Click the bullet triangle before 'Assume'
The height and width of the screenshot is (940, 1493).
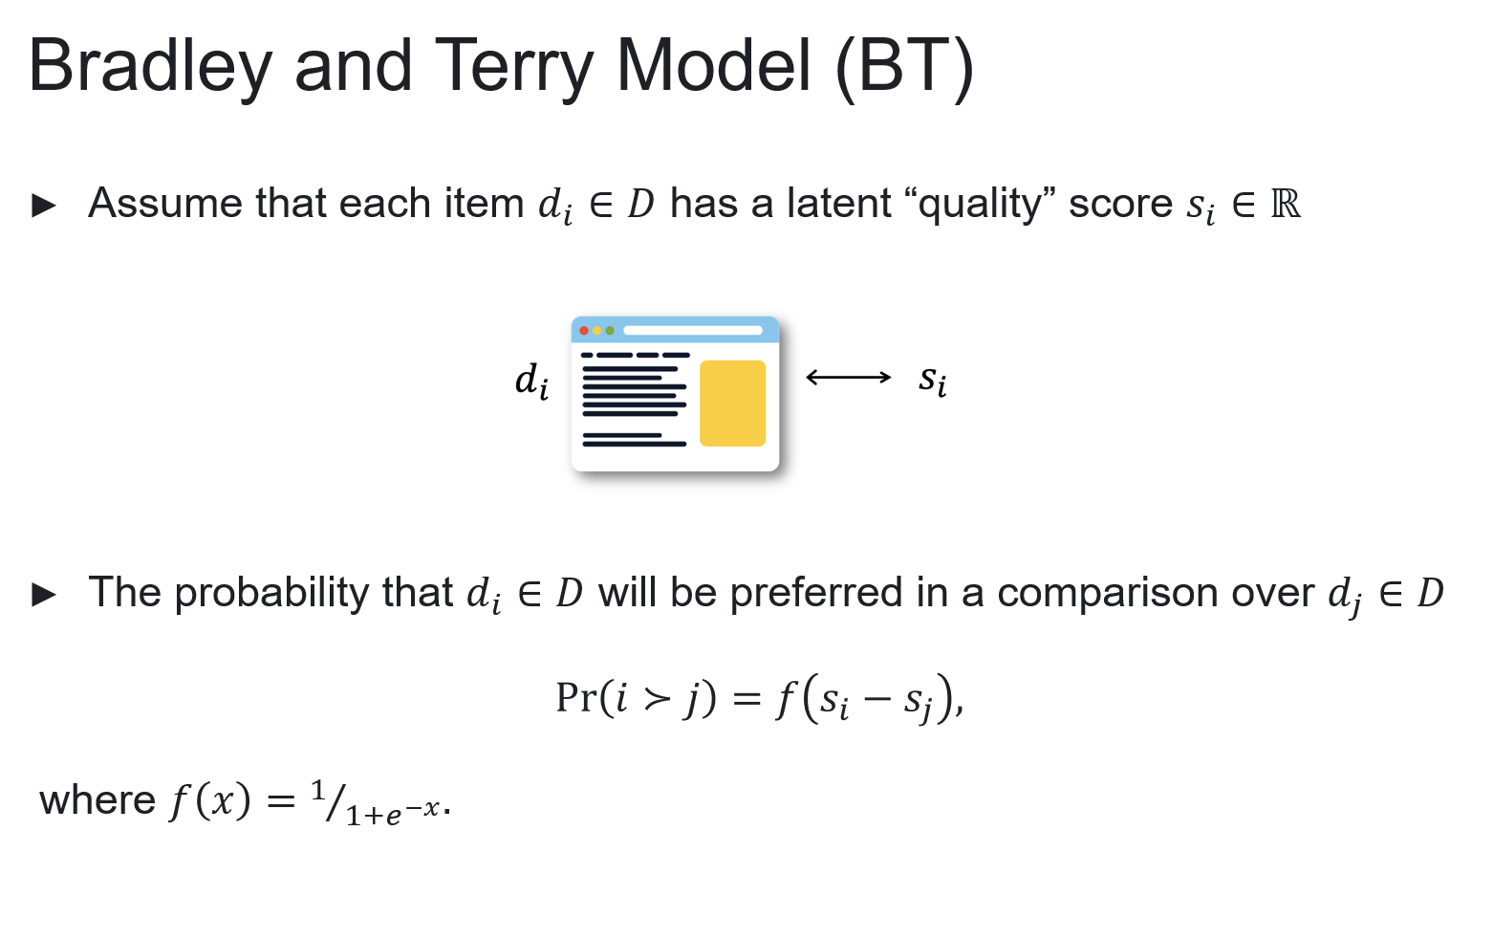pyautogui.click(x=44, y=206)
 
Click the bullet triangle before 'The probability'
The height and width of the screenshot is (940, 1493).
pyautogui.click(x=44, y=595)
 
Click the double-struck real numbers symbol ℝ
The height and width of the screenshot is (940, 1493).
pyautogui.click(x=1286, y=204)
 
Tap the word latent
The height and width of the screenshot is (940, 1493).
pyautogui.click(x=839, y=203)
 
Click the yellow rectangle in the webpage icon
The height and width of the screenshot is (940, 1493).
pyautogui.click(x=732, y=404)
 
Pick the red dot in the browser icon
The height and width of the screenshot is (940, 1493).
pyautogui.click(x=584, y=331)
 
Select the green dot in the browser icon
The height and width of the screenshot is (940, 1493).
pyautogui.click(x=609, y=331)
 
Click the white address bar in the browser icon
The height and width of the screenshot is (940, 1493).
pyautogui.click(x=693, y=331)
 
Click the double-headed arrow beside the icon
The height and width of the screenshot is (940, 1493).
pyautogui.click(x=849, y=378)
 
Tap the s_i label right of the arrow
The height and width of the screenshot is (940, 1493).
pyautogui.click(x=933, y=381)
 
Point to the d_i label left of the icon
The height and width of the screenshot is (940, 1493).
pyautogui.click(x=531, y=381)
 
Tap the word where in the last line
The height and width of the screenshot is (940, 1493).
pyautogui.click(x=97, y=800)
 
